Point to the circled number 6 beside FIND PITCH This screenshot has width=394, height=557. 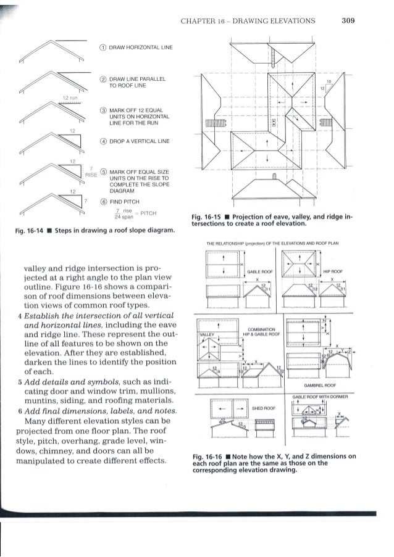(x=101, y=200)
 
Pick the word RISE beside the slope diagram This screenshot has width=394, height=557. (x=88, y=173)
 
